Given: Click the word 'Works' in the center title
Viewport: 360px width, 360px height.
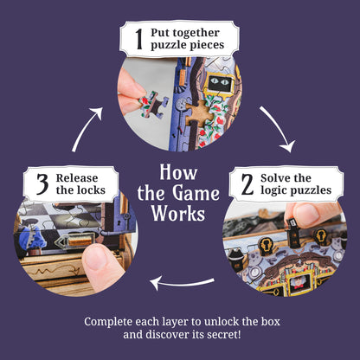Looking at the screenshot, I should click(x=179, y=212).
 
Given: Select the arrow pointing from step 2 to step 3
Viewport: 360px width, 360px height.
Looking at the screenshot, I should click(x=183, y=280).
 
